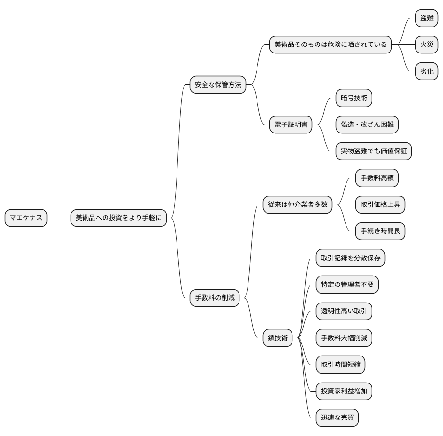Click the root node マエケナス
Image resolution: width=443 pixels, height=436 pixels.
point(26,218)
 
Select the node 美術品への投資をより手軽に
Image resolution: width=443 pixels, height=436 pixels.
point(118,218)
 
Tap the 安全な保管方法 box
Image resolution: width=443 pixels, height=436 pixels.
point(218,85)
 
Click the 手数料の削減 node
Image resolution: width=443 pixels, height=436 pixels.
point(214,298)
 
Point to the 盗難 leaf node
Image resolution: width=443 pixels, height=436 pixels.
point(426,18)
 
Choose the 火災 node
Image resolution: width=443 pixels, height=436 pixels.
point(426,45)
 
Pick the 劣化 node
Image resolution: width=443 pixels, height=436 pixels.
point(426,71)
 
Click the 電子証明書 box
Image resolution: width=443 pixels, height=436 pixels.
point(291,125)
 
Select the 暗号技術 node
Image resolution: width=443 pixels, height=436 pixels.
point(354,98)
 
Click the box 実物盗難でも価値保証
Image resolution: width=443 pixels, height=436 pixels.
point(373,151)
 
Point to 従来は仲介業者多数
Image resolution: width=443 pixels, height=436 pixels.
point(298,205)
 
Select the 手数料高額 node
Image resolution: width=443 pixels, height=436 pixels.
point(377,178)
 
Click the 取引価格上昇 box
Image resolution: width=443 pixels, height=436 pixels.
point(380,205)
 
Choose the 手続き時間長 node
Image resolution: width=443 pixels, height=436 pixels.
point(380,231)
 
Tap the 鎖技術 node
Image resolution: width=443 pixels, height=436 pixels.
point(278,338)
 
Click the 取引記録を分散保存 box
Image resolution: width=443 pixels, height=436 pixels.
point(350,258)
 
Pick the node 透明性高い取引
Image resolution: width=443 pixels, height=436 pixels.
point(344,311)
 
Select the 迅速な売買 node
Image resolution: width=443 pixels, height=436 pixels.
point(337,418)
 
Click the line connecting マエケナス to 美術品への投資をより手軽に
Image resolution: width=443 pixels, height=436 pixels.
point(59,218)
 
